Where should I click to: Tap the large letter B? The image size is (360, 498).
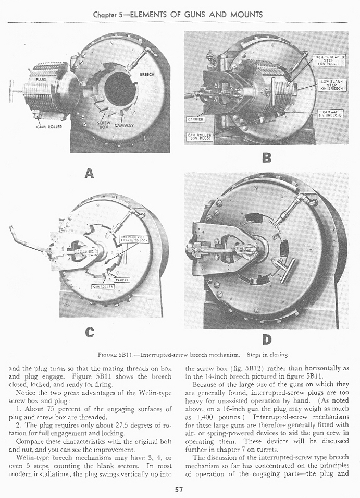(x=267, y=157)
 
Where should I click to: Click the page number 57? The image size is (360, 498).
(x=180, y=489)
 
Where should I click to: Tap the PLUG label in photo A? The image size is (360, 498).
(x=41, y=79)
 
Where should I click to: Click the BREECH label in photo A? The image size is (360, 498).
(x=147, y=74)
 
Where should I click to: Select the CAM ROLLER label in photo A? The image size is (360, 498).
(x=49, y=126)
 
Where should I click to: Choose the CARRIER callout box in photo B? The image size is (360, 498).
(x=196, y=119)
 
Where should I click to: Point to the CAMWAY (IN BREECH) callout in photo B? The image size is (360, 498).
(x=330, y=113)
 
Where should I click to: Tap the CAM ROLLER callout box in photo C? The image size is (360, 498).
(x=103, y=287)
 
